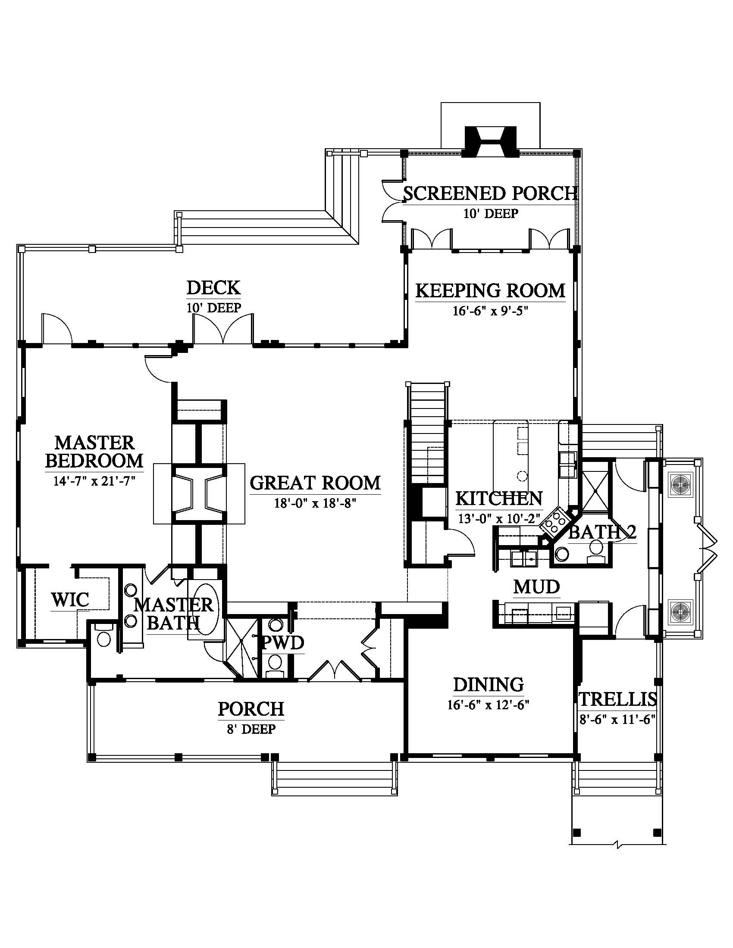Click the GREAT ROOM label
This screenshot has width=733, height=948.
point(315,483)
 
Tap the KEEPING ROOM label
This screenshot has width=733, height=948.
point(491,290)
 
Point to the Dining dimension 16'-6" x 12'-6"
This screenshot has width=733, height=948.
point(488,705)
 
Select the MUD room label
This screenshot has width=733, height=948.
point(537,587)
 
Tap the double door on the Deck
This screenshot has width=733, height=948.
point(223,329)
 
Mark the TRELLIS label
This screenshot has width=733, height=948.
point(617,700)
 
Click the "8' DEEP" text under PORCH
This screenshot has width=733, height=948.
point(251,729)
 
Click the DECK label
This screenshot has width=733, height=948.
point(213,287)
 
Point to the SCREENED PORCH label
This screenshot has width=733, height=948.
point(491,193)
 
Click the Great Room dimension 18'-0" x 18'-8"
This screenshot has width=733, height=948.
point(315,503)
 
